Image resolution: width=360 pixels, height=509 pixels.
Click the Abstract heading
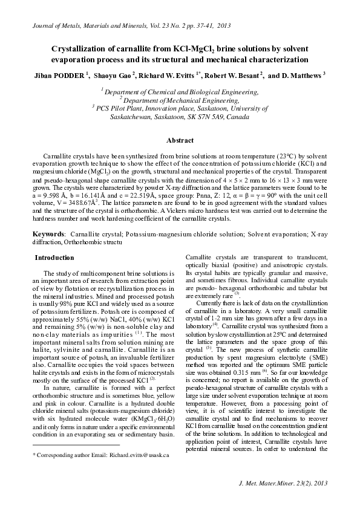180,139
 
